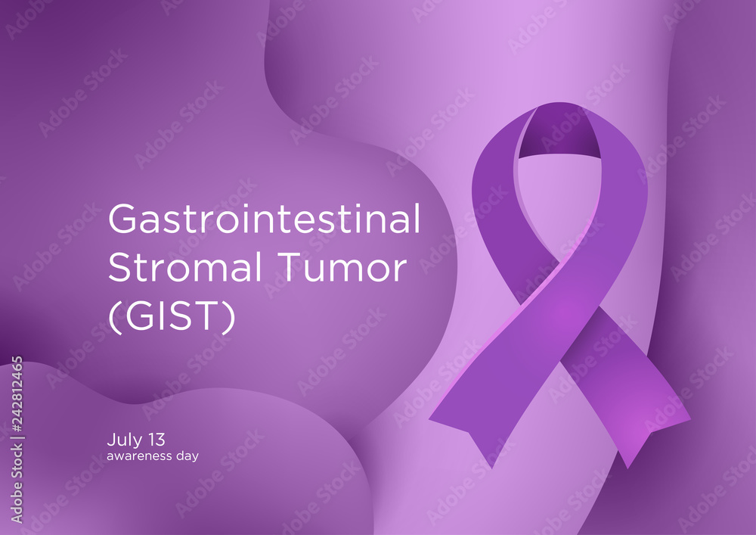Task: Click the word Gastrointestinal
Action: tap(264, 220)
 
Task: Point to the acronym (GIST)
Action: tap(172, 318)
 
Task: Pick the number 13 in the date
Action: tap(156, 439)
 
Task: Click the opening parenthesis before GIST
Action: tap(113, 319)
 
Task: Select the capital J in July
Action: tap(111, 439)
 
